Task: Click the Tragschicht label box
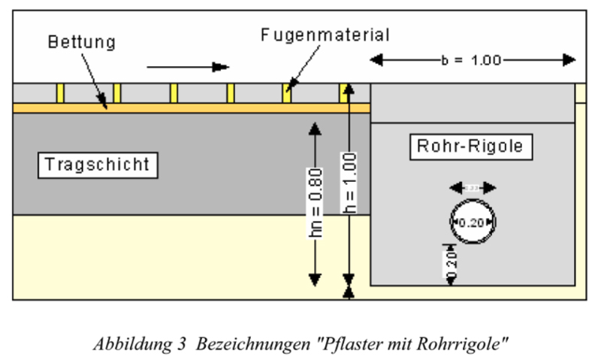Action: coord(98,165)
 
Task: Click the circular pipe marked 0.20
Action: coord(473,222)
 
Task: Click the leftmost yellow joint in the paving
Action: coord(60,93)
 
